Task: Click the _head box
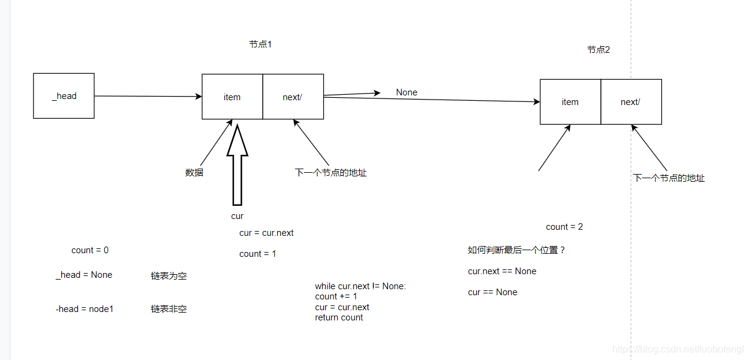(x=64, y=96)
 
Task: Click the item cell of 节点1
(x=232, y=97)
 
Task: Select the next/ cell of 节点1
(x=293, y=97)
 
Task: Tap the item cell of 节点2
(x=570, y=102)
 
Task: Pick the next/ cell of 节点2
(x=631, y=102)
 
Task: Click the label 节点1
(x=260, y=44)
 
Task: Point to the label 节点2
(x=598, y=50)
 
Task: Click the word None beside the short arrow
(x=407, y=92)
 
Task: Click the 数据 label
(x=194, y=173)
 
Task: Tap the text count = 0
(x=90, y=250)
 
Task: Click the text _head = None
(x=84, y=275)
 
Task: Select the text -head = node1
(x=85, y=309)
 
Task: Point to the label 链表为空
(x=169, y=276)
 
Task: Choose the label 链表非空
(x=169, y=309)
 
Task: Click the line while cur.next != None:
(x=360, y=286)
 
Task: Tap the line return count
(x=339, y=317)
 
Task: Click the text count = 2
(x=564, y=227)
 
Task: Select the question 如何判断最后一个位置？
(x=517, y=250)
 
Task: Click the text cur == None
(x=492, y=292)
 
